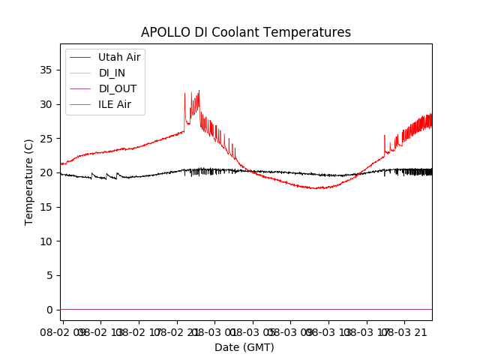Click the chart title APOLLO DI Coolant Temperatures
point(246,32)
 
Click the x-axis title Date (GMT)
point(244,347)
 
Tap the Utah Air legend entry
point(118,57)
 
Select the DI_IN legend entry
point(112,73)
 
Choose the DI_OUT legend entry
point(117,88)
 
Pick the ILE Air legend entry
point(114,104)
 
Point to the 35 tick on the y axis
point(46,70)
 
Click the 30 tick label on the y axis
point(46,104)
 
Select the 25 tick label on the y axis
point(46,139)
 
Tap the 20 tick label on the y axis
point(46,172)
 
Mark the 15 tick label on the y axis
point(46,207)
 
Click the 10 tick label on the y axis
point(46,241)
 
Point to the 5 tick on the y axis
point(49,275)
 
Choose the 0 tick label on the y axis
point(49,310)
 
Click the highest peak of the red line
point(199,91)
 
